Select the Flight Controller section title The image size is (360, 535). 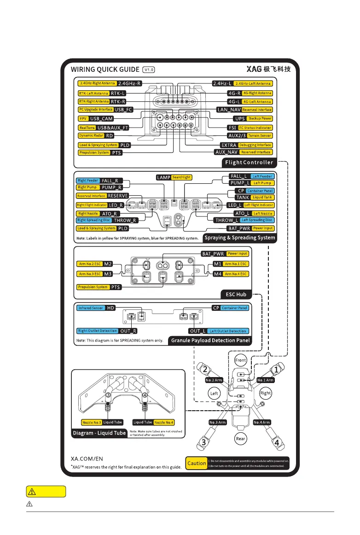(249, 162)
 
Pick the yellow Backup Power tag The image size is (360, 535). (261, 118)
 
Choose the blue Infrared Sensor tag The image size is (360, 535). (90, 308)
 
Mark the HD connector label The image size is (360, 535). (110, 308)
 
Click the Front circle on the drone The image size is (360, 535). (241, 360)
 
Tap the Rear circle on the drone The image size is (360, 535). (241, 438)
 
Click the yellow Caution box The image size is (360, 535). (197, 463)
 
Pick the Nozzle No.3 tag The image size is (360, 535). (91, 422)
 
